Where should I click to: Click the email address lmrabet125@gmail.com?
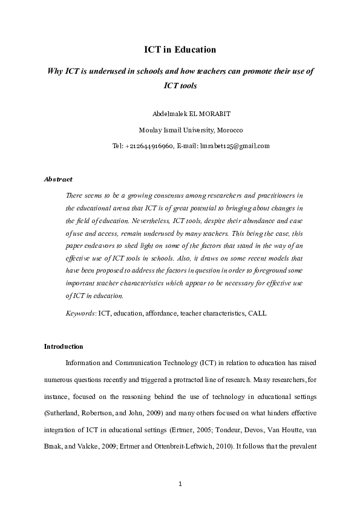point(234,146)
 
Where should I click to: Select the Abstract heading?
point(59,179)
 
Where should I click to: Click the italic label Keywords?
point(79,314)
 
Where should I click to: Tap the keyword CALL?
point(257,314)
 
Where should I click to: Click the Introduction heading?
point(64,346)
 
